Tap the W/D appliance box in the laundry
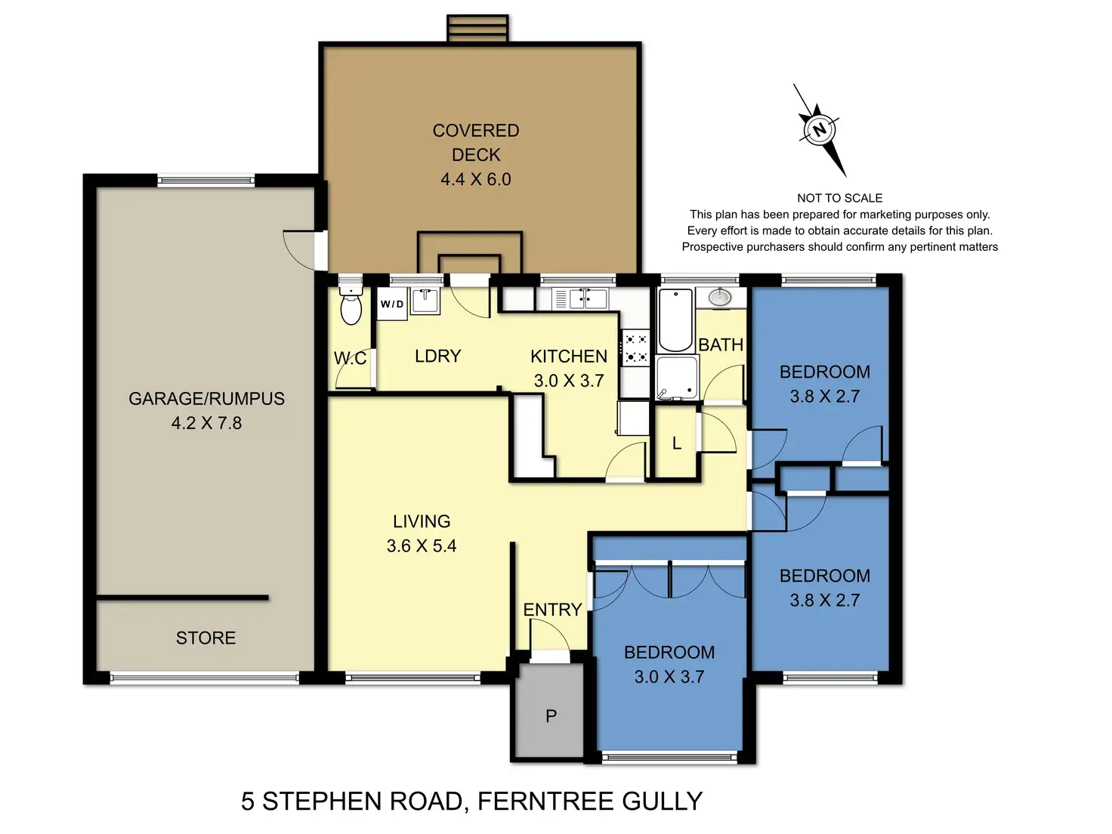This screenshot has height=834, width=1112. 392,304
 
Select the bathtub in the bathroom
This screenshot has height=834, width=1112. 675,320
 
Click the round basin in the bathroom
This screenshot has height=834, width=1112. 719,297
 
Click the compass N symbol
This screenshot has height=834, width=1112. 819,129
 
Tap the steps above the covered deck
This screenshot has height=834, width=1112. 477,29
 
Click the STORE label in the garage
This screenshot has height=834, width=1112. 205,638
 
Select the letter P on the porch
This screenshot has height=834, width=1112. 551,715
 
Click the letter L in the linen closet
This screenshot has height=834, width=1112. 676,443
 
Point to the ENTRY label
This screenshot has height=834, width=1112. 552,610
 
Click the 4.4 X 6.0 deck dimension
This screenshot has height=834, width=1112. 476,179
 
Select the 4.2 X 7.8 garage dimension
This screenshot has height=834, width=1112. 206,423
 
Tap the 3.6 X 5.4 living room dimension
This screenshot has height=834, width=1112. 422,545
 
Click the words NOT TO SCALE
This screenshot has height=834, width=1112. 839,198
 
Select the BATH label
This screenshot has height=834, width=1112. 721,344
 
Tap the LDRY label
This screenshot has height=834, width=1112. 437,356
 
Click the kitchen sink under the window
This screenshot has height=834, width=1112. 588,298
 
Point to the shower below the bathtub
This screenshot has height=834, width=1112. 676,378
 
